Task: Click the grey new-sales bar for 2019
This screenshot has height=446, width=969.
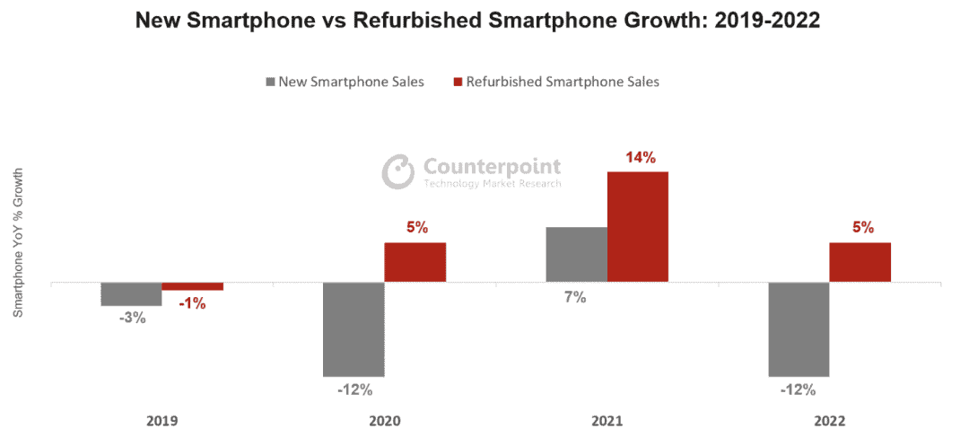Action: coord(131,294)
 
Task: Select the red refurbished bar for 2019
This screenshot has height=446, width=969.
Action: coord(192,286)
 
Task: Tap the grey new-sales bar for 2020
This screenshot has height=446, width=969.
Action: coord(354,329)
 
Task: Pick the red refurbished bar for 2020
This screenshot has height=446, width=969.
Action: coord(415,262)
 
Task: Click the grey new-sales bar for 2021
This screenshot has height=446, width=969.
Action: coord(576,255)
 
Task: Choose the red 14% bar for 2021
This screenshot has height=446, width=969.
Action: coord(637,226)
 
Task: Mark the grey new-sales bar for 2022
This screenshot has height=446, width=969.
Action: coord(799,329)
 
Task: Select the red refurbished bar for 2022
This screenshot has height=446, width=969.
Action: coord(860,262)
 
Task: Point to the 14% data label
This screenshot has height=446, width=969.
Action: coord(640,157)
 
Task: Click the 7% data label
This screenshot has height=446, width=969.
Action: coord(575,297)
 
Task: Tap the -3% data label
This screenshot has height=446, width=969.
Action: coord(131,318)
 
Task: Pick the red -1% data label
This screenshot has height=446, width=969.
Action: coord(191,303)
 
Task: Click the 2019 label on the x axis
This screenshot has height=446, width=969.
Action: coord(161,420)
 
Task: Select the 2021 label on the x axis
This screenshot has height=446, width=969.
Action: coord(607,420)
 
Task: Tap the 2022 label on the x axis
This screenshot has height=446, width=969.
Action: coord(829,420)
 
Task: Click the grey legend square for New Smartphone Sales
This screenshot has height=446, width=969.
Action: coord(271,82)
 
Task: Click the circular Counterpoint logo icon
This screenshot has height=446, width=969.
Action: coord(397,171)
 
